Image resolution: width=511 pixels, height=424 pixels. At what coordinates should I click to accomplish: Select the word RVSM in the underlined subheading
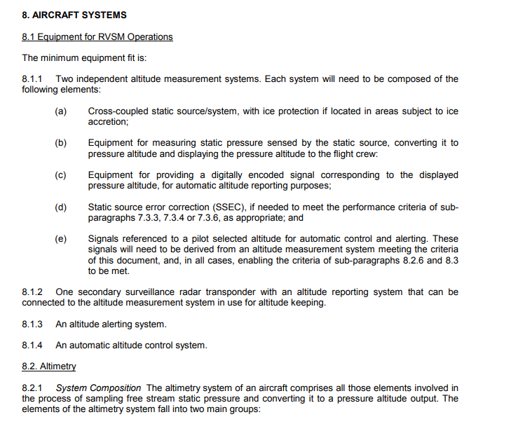tap(102, 36)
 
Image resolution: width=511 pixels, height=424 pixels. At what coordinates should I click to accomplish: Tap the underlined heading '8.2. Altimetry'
tap(49, 367)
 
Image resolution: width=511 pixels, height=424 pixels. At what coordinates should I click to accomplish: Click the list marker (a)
tap(61, 111)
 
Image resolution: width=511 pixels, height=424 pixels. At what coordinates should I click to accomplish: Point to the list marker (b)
tap(61, 143)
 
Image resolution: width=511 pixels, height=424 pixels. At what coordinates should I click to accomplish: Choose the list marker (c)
tap(61, 175)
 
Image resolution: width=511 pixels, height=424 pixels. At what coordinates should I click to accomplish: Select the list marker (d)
tap(61, 207)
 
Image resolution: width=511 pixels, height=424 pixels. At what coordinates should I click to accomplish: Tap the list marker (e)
tap(61, 239)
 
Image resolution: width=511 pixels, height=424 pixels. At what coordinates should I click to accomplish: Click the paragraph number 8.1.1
tap(33, 79)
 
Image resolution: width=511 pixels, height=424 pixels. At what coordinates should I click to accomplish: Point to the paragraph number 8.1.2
tap(33, 292)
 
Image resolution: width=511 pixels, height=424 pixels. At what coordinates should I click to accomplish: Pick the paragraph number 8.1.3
tap(33, 324)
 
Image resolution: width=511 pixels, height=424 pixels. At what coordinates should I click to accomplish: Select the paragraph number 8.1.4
tap(33, 345)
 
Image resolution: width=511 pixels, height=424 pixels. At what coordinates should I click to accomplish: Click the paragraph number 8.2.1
tap(33, 388)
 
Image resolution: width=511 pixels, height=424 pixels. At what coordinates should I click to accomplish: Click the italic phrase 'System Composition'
tap(99, 388)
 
